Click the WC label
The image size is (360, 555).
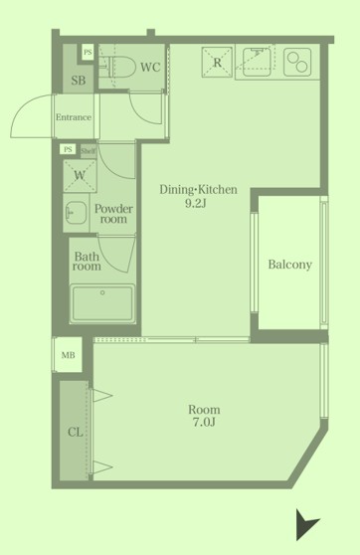(150, 67)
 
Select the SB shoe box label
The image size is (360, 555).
(79, 81)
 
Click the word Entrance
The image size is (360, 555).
(74, 117)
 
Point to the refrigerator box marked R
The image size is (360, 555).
(217, 62)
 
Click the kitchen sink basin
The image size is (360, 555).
(257, 62)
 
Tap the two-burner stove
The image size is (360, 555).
(297, 62)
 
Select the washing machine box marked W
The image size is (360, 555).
(80, 176)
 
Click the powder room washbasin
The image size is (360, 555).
(76, 213)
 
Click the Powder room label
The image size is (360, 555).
(113, 214)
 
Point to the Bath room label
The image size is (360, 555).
(87, 261)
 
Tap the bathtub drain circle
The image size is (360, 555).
(102, 292)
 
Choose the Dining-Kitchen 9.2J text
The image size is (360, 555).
(198, 196)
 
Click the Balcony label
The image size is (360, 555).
(290, 265)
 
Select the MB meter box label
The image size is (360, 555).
(68, 355)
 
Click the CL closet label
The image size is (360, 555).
(75, 432)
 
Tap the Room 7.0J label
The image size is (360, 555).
(204, 416)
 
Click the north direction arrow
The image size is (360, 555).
(306, 524)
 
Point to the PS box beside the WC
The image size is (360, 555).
(88, 53)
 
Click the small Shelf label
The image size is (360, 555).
(88, 151)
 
